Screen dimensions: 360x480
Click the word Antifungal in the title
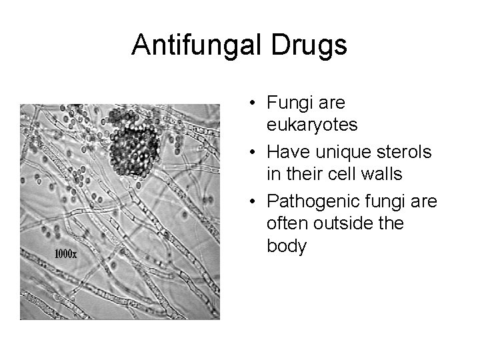pyautogui.click(x=201, y=45)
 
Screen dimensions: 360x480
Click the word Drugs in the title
pyautogui.click(x=312, y=45)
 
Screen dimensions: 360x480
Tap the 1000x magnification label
pyautogui.click(x=65, y=254)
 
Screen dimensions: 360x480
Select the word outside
pyautogui.click(x=343, y=223)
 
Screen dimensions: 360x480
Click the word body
pyautogui.click(x=287, y=246)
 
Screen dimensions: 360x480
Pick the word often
pyautogui.click(x=287, y=223)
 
